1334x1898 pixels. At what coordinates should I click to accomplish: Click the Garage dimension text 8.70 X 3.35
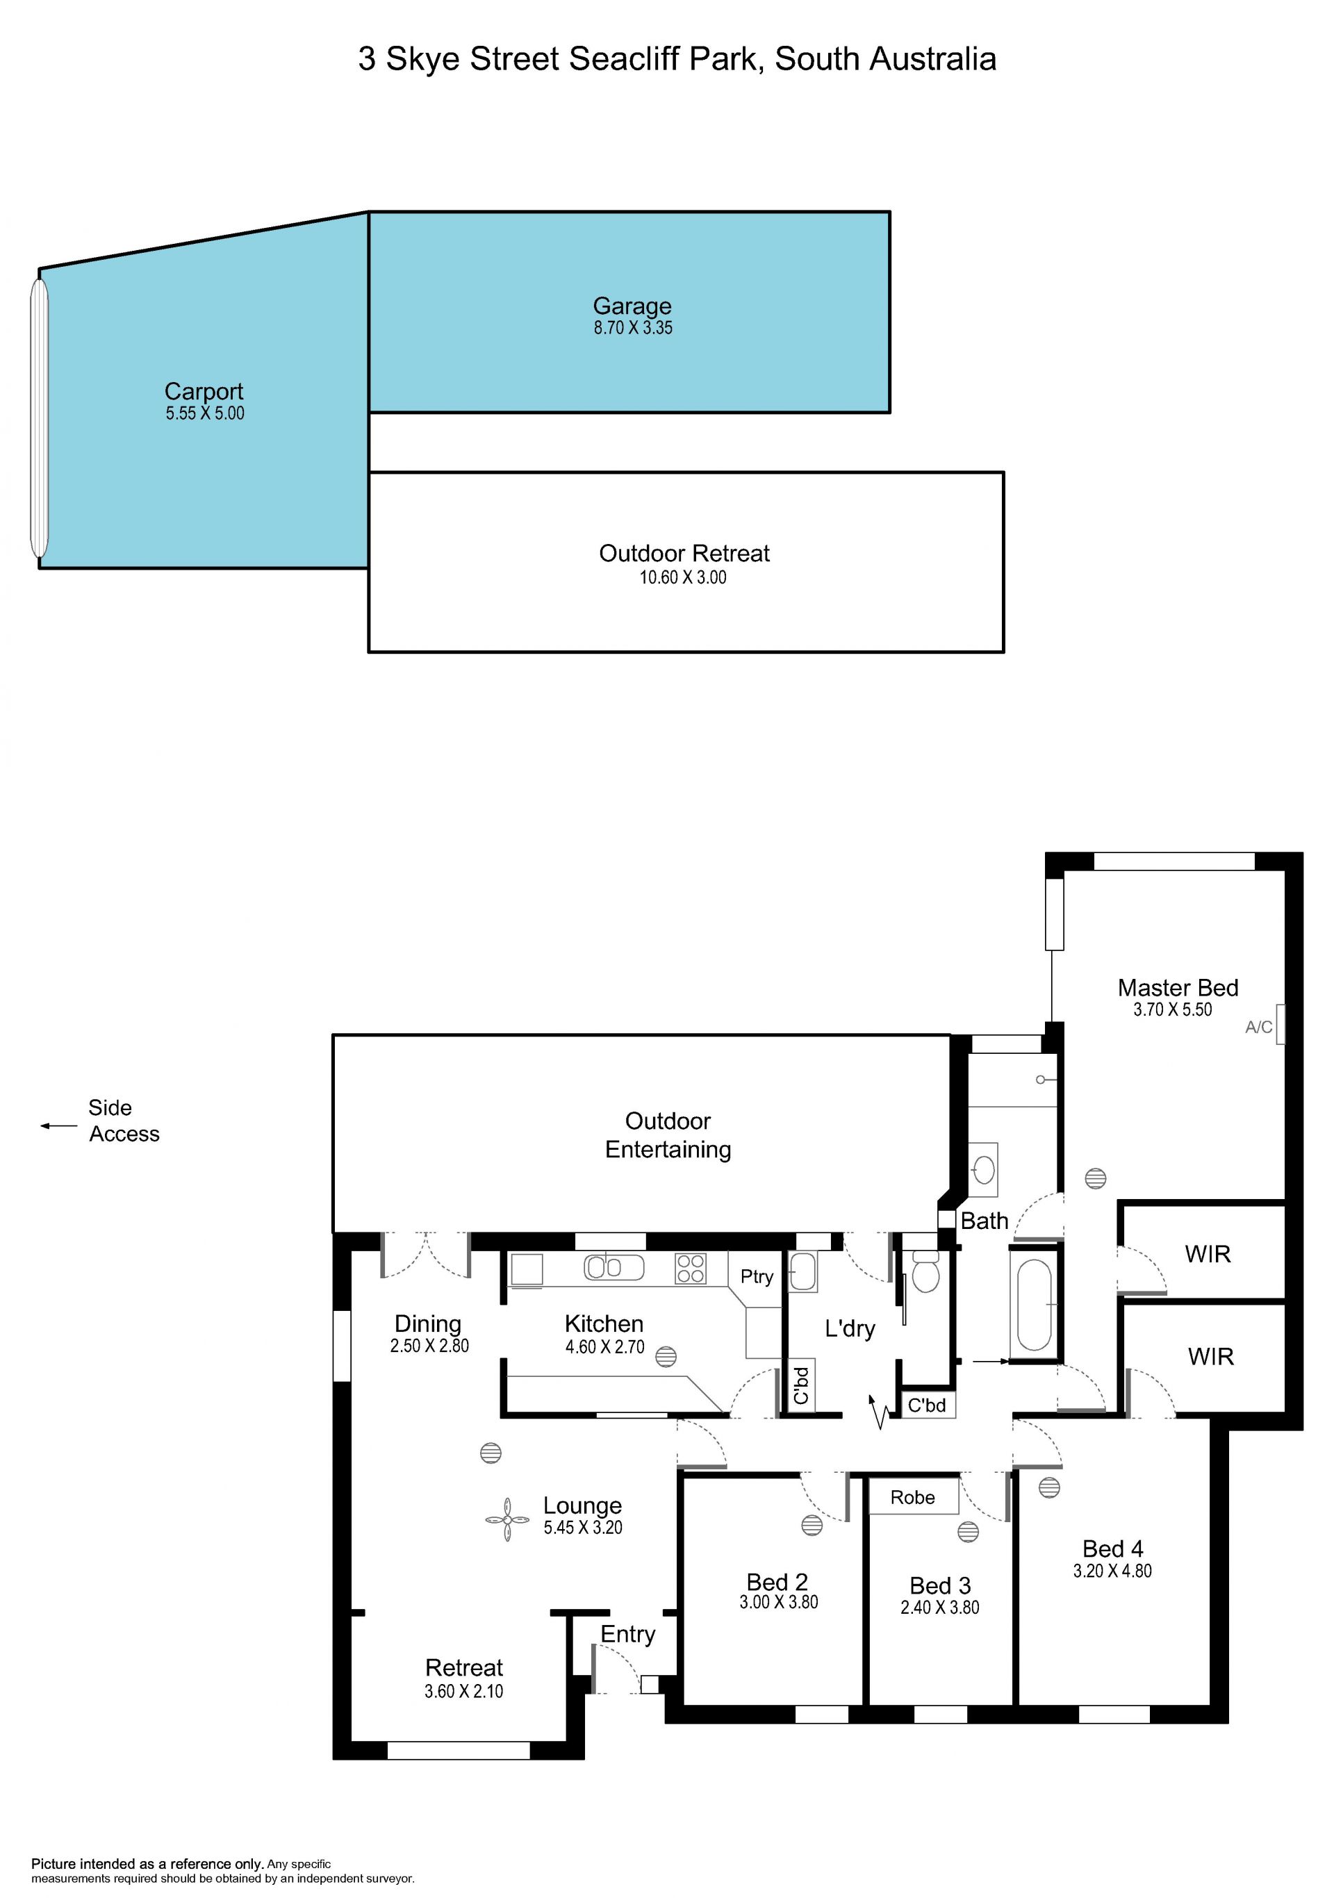633,328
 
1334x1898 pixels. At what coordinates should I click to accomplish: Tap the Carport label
204,391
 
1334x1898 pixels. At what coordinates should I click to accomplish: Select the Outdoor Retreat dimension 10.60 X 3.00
683,578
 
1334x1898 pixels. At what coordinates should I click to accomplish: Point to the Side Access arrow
58,1126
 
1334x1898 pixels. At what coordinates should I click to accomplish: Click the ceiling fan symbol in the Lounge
507,1520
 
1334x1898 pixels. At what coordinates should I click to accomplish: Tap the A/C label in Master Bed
1259,1028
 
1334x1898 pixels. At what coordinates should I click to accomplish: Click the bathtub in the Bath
1034,1305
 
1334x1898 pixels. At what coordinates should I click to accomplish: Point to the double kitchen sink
614,1267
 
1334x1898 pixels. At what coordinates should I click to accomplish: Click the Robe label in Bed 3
912,1497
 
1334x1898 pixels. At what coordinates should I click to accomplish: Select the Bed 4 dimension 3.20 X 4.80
1112,1571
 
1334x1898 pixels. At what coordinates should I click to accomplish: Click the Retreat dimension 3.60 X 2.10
463,1692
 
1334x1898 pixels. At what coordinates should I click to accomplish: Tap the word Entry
627,1635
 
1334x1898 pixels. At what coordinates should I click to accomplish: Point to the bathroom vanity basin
984,1170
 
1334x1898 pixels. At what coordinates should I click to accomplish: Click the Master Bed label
1178,988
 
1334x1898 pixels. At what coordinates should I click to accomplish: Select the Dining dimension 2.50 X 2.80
430,1346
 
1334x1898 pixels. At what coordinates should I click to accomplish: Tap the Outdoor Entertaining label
668,1135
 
